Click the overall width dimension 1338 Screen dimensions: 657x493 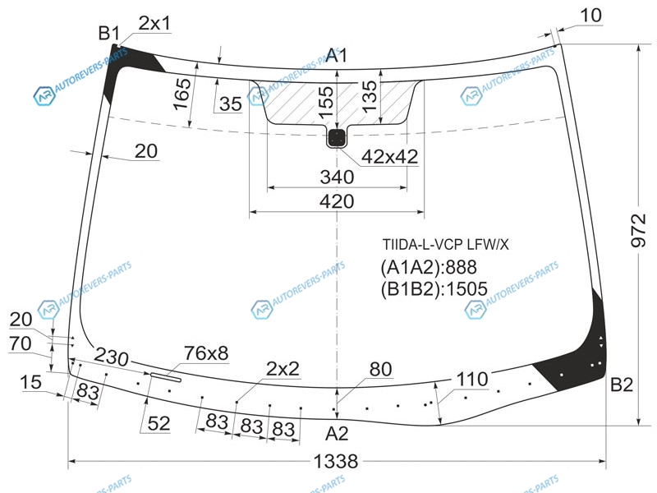click(336, 462)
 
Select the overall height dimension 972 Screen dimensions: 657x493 click(638, 230)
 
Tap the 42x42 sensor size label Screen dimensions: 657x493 click(389, 157)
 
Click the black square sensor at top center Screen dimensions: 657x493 click(337, 138)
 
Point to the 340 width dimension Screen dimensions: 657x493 click(337, 177)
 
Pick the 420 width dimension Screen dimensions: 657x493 click(337, 201)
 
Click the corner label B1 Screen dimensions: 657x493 click(108, 33)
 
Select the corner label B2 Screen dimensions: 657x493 click(622, 385)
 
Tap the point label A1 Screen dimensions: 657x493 click(337, 55)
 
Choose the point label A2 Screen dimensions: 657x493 click(337, 434)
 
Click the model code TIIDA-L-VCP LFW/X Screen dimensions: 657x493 click(445, 244)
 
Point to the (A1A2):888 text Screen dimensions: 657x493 click(429, 267)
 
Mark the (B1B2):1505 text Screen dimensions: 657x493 click(434, 289)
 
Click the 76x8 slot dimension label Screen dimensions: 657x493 click(206, 353)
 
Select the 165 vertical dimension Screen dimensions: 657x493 click(182, 94)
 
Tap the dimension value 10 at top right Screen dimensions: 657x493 click(590, 16)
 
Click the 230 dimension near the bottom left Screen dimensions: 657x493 click(111, 357)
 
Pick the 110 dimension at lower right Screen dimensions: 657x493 click(472, 380)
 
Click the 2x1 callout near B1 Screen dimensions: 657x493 click(155, 23)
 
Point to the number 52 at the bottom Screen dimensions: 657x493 click(159, 423)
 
